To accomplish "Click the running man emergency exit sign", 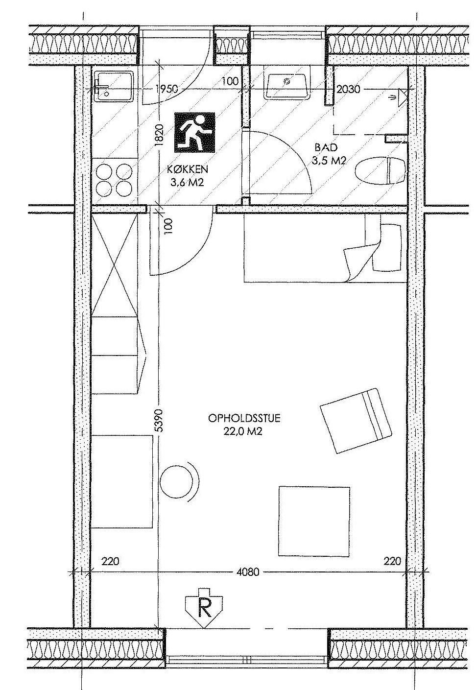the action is (195, 132).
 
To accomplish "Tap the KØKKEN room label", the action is (188, 169).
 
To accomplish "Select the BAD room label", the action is (326, 147).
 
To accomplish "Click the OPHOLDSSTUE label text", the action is (244, 418).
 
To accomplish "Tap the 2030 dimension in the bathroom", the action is (348, 89).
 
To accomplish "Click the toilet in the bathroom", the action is (380, 170).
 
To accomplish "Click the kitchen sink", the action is (114, 86).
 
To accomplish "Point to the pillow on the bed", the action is (387, 247).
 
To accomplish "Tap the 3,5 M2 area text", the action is (329, 161).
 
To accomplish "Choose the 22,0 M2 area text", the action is (243, 431).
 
